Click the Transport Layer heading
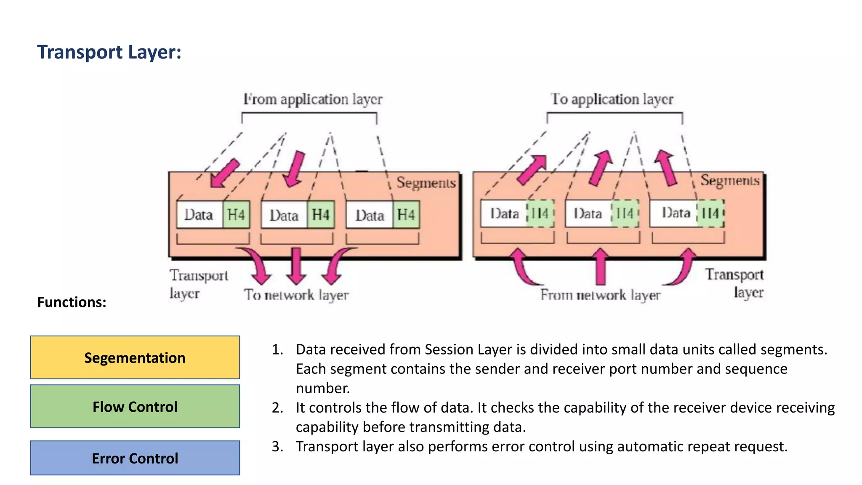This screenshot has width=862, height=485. (x=109, y=53)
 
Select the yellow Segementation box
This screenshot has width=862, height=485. (x=135, y=357)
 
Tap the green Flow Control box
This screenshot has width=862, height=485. (x=135, y=406)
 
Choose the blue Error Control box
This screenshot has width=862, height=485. (x=135, y=458)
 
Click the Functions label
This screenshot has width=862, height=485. (x=72, y=302)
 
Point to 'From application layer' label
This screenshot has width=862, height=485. (x=313, y=99)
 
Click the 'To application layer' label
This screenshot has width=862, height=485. (x=612, y=99)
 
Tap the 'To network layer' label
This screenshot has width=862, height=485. (x=296, y=295)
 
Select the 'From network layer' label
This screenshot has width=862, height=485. (x=600, y=295)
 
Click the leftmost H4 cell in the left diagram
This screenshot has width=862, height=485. (x=236, y=215)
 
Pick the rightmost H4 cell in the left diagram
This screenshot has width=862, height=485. (x=406, y=215)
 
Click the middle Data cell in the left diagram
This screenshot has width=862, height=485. (x=284, y=215)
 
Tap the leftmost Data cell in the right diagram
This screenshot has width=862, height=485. (x=504, y=213)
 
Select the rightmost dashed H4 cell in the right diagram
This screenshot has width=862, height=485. (x=710, y=213)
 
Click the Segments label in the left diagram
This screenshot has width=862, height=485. (x=426, y=183)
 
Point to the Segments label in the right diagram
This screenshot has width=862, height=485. (x=730, y=180)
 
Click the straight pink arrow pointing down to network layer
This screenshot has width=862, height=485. (x=296, y=266)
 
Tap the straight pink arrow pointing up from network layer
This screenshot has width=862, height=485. (x=601, y=266)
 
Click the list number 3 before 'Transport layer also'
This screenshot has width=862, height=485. (x=277, y=446)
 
